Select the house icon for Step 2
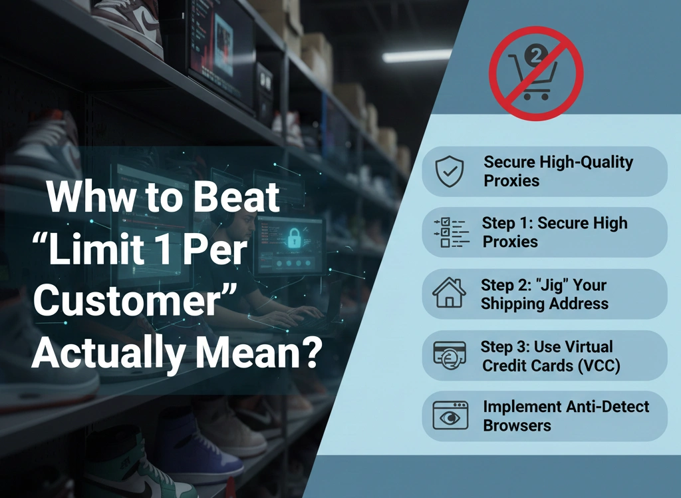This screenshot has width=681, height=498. click(449, 294)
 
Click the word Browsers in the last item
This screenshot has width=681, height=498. click(517, 425)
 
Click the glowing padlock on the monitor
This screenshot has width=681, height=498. click(292, 234)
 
